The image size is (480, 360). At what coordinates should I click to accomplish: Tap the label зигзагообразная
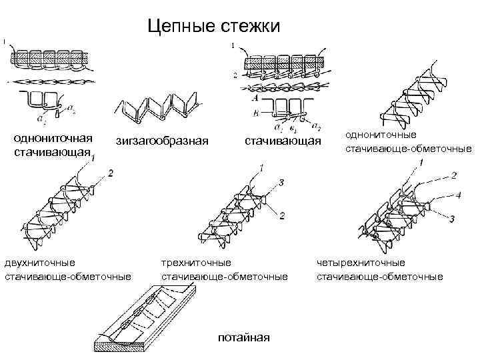162,141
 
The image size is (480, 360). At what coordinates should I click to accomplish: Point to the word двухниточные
40,263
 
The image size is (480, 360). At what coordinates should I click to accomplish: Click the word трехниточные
197,263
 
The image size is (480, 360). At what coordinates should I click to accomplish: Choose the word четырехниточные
361,263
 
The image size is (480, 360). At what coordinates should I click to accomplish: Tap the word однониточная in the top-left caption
53,138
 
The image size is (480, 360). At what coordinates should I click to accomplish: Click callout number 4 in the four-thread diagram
459,195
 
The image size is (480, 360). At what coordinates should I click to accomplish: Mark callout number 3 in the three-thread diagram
282,182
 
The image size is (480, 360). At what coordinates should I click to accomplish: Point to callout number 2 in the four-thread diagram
453,175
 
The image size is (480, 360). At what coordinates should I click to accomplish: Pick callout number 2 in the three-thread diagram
282,215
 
